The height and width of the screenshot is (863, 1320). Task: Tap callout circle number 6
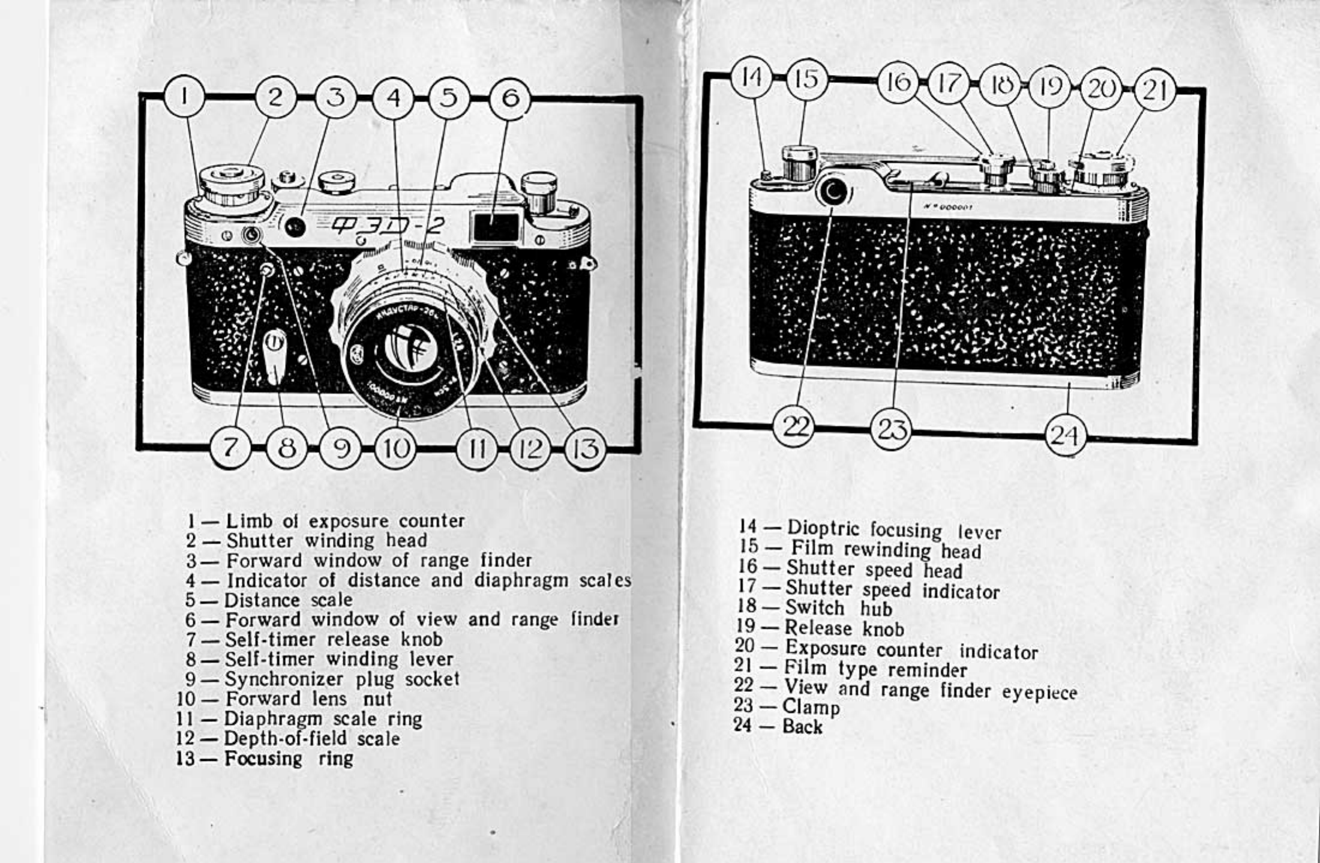(510, 98)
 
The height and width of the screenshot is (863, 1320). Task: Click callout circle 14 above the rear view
(752, 78)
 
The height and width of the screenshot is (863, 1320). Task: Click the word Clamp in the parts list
(811, 707)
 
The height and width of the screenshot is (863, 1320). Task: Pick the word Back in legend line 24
(802, 726)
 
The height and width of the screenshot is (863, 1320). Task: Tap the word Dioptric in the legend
(826, 528)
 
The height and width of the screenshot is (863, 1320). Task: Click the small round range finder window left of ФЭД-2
(295, 226)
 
